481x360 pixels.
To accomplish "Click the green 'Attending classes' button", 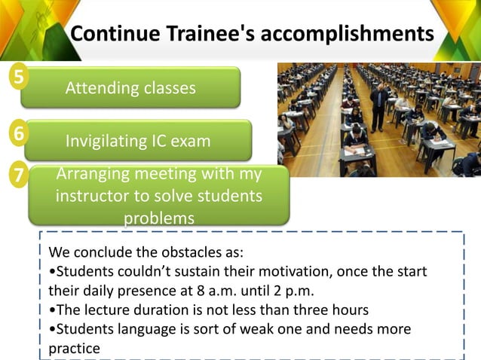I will point(130,88).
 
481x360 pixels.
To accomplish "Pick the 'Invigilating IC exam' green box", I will point(138,141).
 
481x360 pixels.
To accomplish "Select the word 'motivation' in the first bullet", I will point(304,270).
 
